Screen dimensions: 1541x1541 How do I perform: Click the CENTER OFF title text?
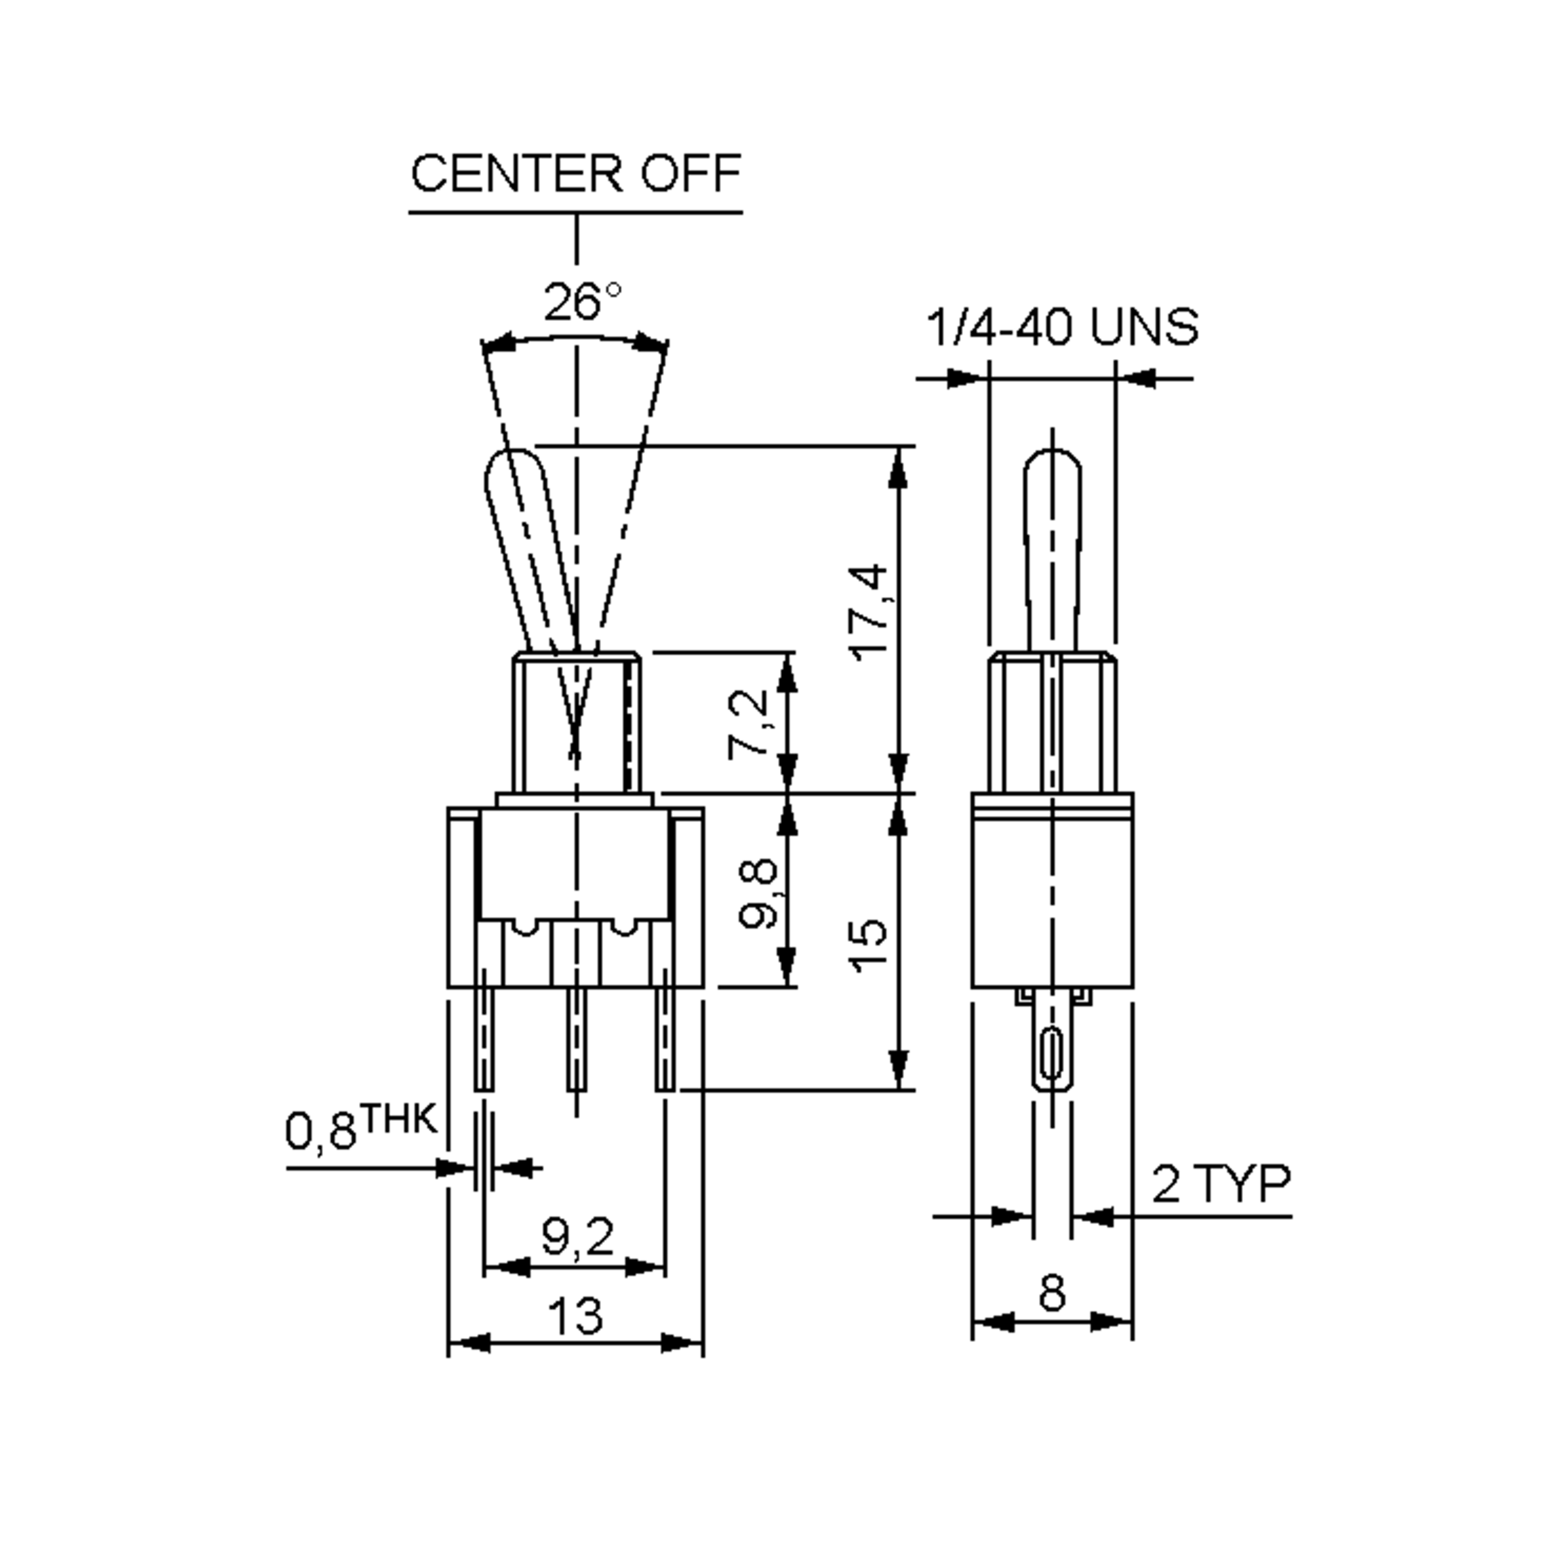tap(575, 173)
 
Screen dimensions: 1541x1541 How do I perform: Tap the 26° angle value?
tap(580, 302)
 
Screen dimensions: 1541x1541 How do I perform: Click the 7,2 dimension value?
tap(748, 724)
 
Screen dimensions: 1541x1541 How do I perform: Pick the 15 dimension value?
tap(869, 946)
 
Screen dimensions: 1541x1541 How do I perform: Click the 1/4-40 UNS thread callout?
tap(1061, 327)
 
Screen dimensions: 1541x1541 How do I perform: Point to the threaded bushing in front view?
tap(576, 722)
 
